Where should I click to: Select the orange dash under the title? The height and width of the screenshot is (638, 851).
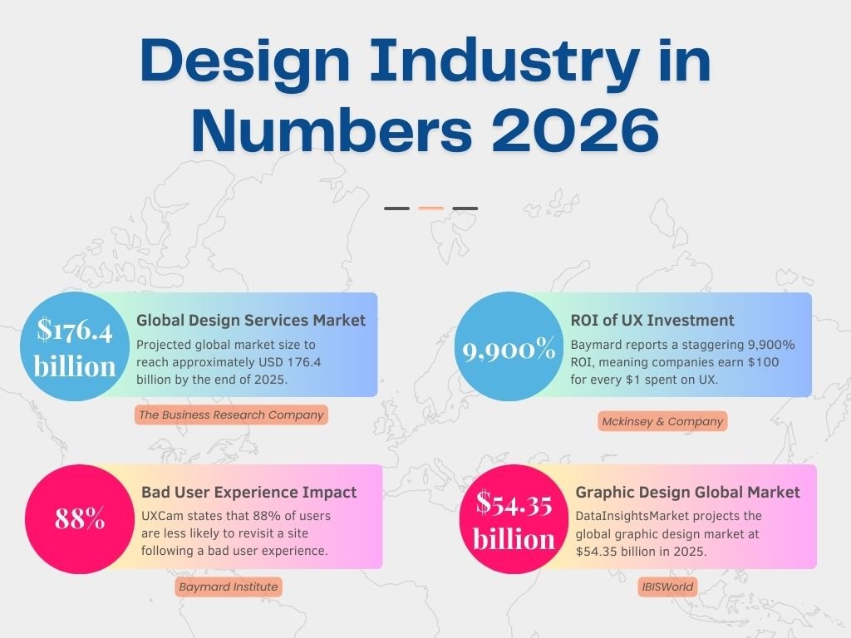click(430, 209)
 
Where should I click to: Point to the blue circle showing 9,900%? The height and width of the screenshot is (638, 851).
click(509, 350)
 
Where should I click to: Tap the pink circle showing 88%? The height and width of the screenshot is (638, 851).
click(81, 519)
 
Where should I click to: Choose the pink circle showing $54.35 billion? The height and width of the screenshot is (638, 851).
click(514, 519)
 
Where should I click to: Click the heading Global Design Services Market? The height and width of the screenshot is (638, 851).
click(251, 321)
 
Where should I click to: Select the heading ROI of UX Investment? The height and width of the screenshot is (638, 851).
click(652, 321)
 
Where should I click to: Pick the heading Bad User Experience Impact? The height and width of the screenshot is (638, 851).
click(249, 492)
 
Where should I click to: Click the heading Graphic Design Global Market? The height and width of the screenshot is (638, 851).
click(688, 492)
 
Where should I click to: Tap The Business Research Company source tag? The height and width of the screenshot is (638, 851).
click(231, 415)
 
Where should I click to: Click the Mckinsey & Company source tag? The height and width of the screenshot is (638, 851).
click(662, 421)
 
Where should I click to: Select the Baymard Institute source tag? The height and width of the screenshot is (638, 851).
click(229, 586)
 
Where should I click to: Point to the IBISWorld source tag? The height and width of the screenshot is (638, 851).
click(667, 587)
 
